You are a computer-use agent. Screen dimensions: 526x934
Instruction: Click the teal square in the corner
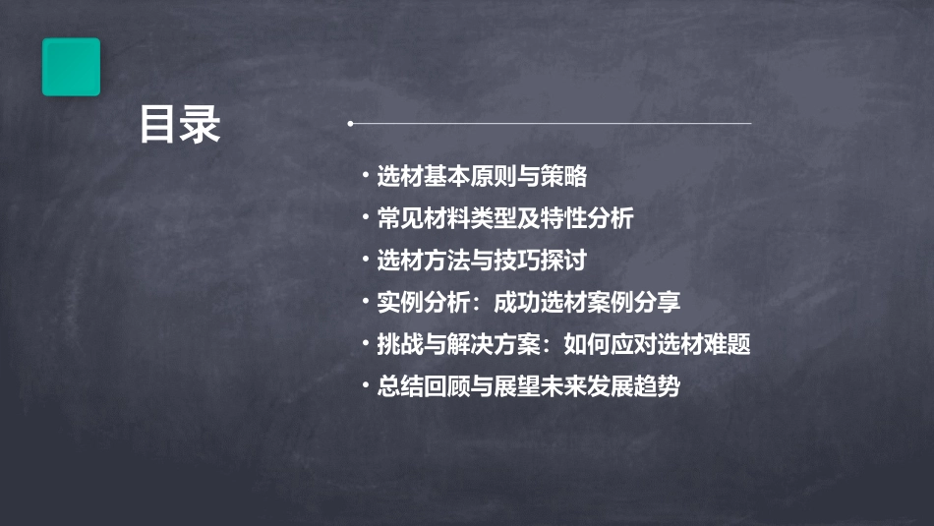[x=71, y=67]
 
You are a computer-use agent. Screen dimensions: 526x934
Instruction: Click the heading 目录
[x=179, y=125]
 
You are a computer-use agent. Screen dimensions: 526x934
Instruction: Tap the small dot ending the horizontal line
[x=350, y=124]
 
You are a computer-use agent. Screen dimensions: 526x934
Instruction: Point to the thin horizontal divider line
[x=551, y=124]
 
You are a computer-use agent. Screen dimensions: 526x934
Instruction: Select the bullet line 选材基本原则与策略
[x=482, y=177]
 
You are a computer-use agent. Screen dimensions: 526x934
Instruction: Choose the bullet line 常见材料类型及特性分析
[x=504, y=218]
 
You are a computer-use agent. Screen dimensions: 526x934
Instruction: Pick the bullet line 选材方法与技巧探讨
[x=482, y=261]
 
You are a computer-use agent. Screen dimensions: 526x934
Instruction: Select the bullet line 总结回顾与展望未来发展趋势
[x=528, y=386]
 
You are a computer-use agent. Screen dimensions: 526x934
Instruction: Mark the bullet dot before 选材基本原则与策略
[x=366, y=177]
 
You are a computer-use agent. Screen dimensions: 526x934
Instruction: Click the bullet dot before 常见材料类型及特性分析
[x=366, y=218]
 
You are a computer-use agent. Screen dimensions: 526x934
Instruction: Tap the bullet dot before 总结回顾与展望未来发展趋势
[x=366, y=386]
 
